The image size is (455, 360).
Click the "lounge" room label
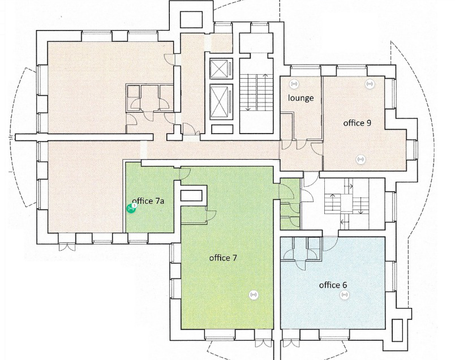301,98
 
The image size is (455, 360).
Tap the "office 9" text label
357,123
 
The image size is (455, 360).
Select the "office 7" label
223,258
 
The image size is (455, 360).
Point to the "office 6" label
333,285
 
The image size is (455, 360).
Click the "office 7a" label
148,201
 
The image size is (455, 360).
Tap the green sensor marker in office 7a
131,208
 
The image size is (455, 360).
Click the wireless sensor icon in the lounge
294,84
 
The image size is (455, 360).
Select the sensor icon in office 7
254,295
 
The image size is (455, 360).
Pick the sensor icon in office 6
345,295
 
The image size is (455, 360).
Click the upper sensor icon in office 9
369,84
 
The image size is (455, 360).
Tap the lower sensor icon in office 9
360,159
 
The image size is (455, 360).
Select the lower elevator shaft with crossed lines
221,102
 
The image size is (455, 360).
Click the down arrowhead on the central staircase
248,109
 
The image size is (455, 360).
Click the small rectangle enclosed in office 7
191,196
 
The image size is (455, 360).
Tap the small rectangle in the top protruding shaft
191,20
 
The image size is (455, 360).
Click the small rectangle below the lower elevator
222,129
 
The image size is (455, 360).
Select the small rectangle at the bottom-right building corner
397,331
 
